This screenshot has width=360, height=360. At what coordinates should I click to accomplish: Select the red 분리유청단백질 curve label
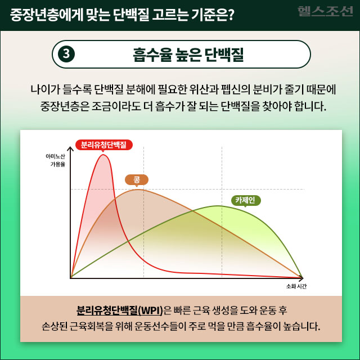click(x=103, y=145)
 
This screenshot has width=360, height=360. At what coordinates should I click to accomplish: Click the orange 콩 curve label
click(x=137, y=180)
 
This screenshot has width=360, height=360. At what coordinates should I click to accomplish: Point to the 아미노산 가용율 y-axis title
click(x=55, y=160)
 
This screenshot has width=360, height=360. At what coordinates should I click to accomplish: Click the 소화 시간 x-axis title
click(x=296, y=287)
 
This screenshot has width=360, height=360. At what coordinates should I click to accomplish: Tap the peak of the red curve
click(x=103, y=155)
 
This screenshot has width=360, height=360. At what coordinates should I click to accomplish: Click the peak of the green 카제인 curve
click(x=217, y=206)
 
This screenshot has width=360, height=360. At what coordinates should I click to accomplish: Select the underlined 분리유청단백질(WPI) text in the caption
click(x=119, y=310)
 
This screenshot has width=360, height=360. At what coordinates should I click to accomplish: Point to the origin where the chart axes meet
click(x=71, y=277)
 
